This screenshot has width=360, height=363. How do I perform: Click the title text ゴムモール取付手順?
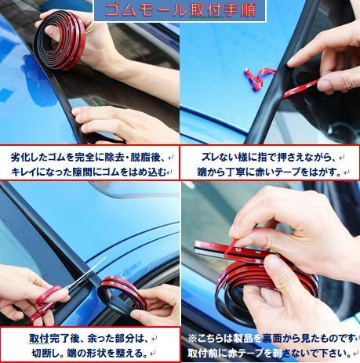[180, 10]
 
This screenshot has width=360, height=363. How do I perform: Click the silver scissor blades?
[85, 274]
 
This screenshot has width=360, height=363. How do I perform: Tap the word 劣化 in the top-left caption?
[20, 158]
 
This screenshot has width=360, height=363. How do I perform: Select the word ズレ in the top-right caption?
[209, 158]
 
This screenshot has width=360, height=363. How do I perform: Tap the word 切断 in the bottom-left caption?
[42, 353]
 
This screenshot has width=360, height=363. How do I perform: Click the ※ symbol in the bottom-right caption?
[192, 338]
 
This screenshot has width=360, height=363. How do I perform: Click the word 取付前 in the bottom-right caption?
[202, 353]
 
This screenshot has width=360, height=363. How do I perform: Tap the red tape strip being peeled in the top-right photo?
[300, 89]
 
